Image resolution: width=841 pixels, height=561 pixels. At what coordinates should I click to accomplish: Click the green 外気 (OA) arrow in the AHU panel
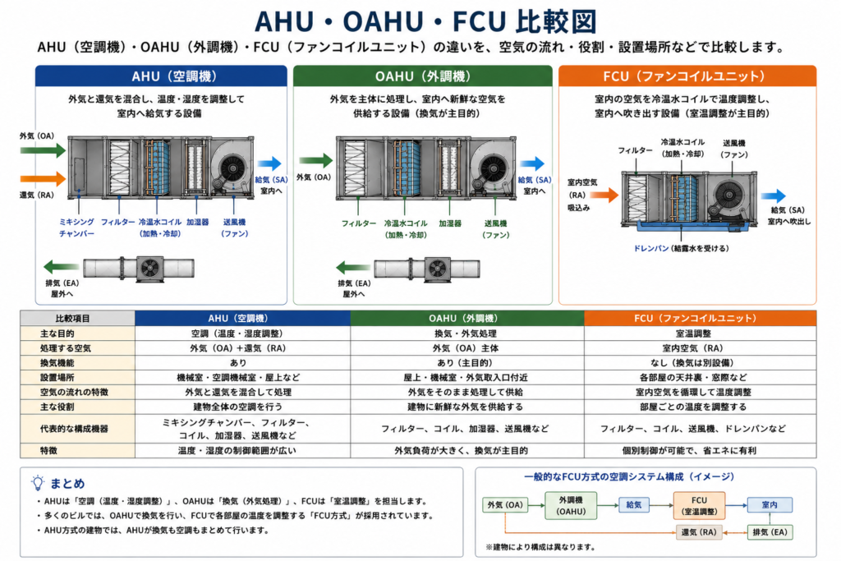coord(43,150)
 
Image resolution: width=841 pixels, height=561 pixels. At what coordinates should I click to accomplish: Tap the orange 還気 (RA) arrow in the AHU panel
coord(43,178)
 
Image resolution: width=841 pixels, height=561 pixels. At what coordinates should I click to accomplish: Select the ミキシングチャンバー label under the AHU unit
coord(76,228)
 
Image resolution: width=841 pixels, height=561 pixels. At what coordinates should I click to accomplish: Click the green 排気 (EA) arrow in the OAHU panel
coord(353,267)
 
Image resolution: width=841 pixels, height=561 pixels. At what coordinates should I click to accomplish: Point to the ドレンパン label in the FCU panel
coord(650,248)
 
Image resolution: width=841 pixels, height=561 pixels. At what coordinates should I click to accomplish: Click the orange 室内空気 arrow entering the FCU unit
coord(604,195)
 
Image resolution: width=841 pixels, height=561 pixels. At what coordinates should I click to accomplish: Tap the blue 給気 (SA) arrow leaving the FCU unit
coord(773,195)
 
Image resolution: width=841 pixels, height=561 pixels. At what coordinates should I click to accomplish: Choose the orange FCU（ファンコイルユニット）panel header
coord(687,76)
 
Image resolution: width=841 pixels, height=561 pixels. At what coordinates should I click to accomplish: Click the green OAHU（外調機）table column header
coord(467,318)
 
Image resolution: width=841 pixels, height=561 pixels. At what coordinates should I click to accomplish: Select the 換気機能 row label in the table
coord(57,362)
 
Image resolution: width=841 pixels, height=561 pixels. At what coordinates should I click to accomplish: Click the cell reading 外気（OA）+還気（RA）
coord(237,348)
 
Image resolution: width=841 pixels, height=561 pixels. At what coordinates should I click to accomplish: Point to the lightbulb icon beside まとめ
coord(38,483)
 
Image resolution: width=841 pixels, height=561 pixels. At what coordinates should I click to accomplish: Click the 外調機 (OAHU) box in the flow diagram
coord(571,505)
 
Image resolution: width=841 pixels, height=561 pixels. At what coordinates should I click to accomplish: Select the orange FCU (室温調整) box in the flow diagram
coord(699,505)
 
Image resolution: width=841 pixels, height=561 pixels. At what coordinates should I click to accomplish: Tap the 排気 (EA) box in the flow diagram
coord(770,532)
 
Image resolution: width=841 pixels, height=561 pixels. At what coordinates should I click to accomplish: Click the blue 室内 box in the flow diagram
coord(770,504)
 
